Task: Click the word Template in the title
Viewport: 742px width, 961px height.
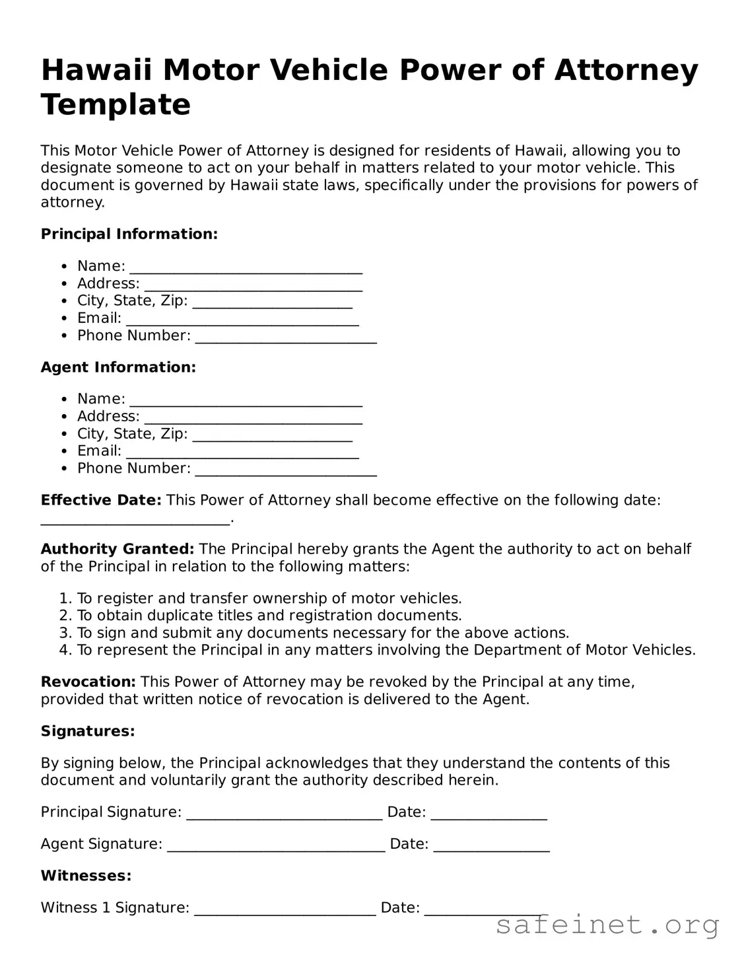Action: [116, 105]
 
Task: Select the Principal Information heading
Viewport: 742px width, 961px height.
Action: [129, 234]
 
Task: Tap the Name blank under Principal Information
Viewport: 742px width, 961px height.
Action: [246, 267]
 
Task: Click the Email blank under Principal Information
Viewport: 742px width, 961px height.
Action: [242, 320]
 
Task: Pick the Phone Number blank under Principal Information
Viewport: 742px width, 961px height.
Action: [285, 337]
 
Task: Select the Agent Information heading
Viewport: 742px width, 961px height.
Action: [118, 367]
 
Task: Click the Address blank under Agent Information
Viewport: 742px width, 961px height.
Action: [253, 418]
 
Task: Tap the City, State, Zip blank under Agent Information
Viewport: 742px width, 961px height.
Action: [272, 435]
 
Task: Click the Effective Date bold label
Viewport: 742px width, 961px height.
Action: [100, 500]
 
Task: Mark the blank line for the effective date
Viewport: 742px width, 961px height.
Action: [135, 520]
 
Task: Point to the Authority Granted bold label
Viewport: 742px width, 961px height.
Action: [117, 549]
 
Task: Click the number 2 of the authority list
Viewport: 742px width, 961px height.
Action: [64, 616]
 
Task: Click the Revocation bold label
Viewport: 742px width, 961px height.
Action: [88, 682]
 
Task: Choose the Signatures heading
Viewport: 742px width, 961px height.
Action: [88, 731]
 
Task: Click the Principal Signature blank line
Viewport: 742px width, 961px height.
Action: [284, 814]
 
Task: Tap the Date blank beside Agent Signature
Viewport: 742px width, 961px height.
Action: [491, 845]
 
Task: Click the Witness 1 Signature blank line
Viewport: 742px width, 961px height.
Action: [285, 909]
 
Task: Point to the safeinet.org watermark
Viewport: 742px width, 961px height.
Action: [607, 925]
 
